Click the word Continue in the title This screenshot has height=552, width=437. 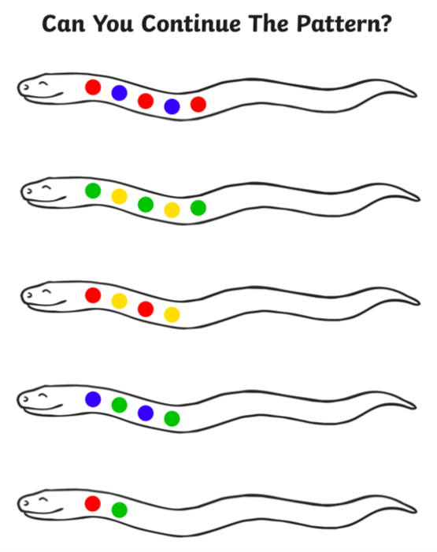[x=191, y=24]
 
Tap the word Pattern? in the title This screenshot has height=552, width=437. [x=344, y=24]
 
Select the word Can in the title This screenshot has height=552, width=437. [x=64, y=24]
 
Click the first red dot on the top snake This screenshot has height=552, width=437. [x=93, y=87]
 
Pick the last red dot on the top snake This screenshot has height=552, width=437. [x=198, y=104]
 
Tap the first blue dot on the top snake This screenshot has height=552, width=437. [x=120, y=93]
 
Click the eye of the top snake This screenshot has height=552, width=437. [x=43, y=83]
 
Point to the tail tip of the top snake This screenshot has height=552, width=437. [x=417, y=95]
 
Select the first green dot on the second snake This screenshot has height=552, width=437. [x=93, y=191]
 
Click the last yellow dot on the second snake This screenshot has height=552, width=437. [x=172, y=210]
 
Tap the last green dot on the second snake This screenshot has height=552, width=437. [x=198, y=208]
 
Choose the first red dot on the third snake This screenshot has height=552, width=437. [x=93, y=295]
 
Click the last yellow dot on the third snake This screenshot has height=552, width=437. [x=172, y=314]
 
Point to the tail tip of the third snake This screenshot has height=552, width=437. [x=420, y=303]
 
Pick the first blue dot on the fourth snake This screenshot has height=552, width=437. [x=93, y=399]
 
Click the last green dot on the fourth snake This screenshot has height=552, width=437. [x=172, y=419]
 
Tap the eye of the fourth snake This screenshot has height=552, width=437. [x=43, y=395]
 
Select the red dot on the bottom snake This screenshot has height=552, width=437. [x=93, y=503]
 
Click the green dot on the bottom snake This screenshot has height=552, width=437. [x=120, y=509]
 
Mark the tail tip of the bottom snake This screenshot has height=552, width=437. [x=417, y=511]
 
